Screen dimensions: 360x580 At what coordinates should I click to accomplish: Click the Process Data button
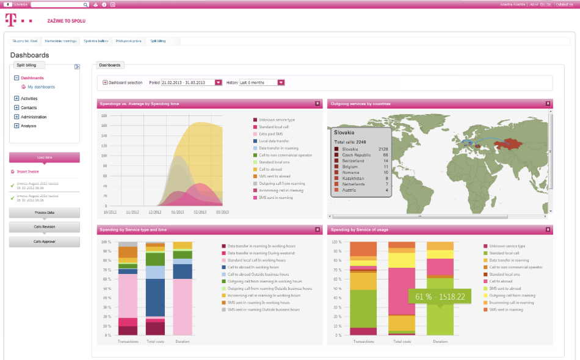44,212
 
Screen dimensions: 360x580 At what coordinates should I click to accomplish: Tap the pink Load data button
44,157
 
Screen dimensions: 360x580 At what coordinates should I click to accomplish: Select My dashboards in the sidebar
41,87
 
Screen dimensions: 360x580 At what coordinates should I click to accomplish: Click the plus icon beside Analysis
16,126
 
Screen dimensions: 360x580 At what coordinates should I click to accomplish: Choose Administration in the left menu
33,117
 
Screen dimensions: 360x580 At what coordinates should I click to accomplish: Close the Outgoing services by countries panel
548,104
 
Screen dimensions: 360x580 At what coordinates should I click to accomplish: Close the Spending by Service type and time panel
317,229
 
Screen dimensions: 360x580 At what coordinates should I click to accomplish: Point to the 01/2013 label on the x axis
177,212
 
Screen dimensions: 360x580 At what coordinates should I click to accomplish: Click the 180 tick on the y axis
104,115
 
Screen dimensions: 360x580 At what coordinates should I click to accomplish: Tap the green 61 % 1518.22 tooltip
440,297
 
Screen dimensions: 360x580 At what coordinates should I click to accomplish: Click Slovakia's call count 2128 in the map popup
383,149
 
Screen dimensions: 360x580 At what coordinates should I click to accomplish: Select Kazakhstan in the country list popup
353,178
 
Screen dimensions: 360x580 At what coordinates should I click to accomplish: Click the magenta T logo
10,21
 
